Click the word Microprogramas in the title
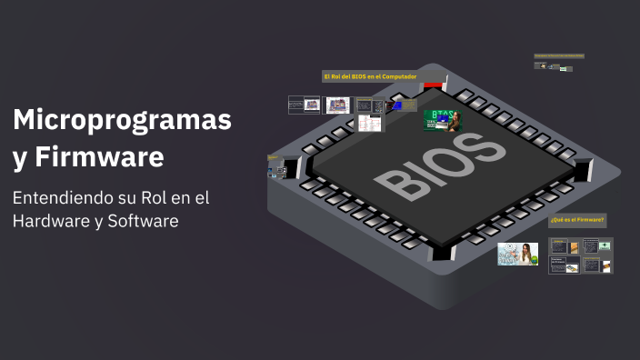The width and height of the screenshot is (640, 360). pos(122,119)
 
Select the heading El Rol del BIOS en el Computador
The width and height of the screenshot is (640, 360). pos(370,75)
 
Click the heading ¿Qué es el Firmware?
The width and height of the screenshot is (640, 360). pos(576,220)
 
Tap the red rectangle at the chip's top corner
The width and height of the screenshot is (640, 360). pos(434,85)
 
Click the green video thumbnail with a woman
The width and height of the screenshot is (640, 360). pos(442,121)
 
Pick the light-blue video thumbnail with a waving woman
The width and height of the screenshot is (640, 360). pos(517,254)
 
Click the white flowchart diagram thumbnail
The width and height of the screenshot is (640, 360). pos(370,123)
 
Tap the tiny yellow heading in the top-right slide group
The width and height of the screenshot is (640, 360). pos(558,55)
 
